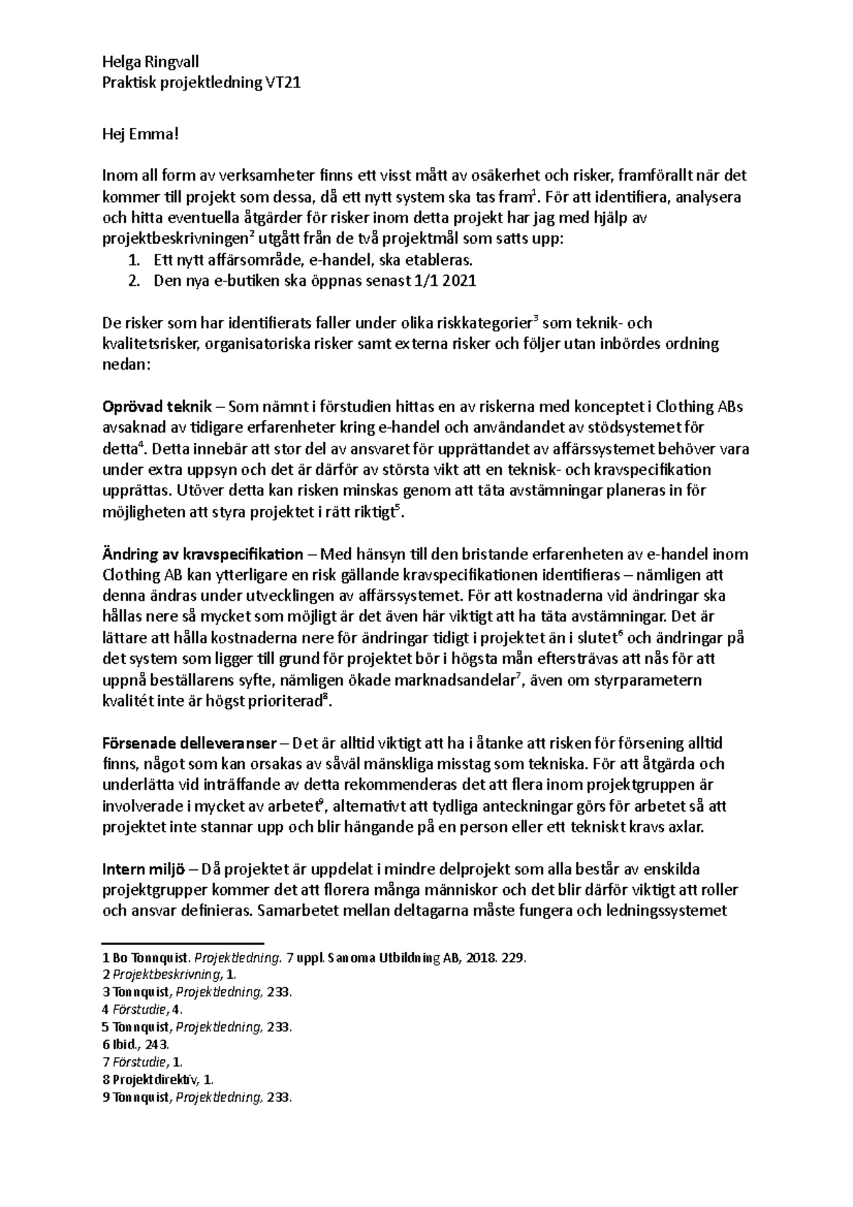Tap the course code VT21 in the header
tap(283, 83)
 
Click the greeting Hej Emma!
tap(138, 133)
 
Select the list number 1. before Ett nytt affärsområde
tap(134, 259)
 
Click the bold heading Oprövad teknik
tap(157, 407)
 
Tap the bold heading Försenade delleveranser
tap(189, 744)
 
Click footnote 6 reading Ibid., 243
tap(136, 1045)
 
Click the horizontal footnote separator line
tap(183, 940)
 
